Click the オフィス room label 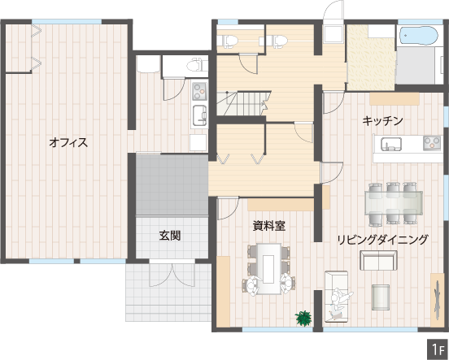(x=68, y=142)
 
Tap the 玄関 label (x=170, y=236)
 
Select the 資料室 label (x=269, y=226)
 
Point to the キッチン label (x=382, y=121)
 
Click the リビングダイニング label (x=382, y=240)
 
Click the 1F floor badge (x=438, y=349)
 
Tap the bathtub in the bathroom (x=418, y=35)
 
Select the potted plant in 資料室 (x=303, y=319)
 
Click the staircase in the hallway (x=243, y=103)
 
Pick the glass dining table (x=394, y=202)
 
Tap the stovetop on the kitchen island (x=432, y=143)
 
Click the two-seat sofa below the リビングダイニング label (x=378, y=260)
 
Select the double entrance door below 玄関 (x=172, y=275)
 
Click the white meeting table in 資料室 (x=268, y=268)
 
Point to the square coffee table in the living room (x=381, y=297)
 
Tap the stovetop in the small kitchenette (x=199, y=91)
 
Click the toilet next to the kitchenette (x=197, y=65)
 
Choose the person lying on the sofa (x=340, y=303)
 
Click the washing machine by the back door (x=333, y=34)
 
